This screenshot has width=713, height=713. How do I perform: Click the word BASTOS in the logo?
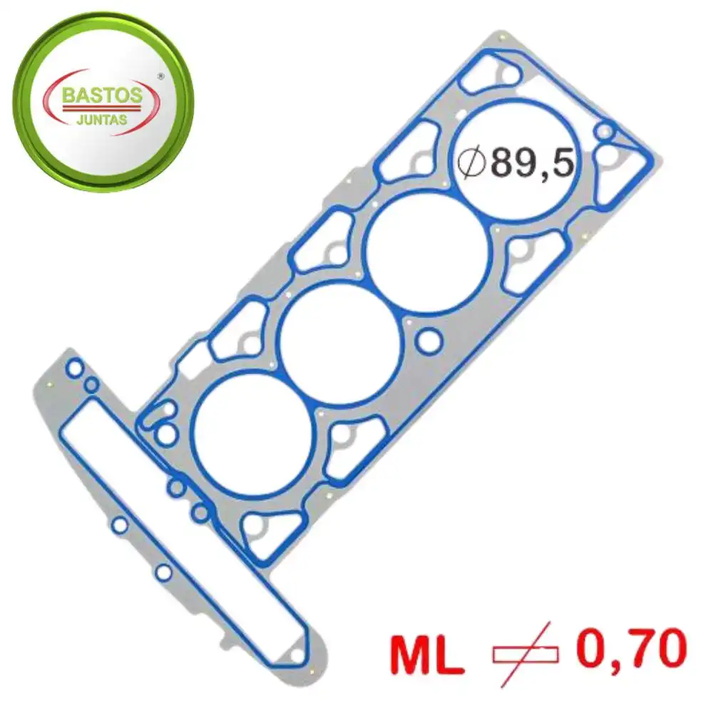(102, 95)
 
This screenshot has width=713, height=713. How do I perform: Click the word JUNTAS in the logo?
(102, 120)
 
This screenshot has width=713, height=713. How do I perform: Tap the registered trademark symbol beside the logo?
(160, 76)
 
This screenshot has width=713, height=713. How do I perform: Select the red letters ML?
(426, 656)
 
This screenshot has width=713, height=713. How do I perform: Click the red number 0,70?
(631, 648)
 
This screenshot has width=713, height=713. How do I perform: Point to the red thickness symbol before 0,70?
(525, 654)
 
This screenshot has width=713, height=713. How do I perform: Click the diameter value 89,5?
(533, 163)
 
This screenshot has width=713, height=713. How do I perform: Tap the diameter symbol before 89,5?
(471, 163)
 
